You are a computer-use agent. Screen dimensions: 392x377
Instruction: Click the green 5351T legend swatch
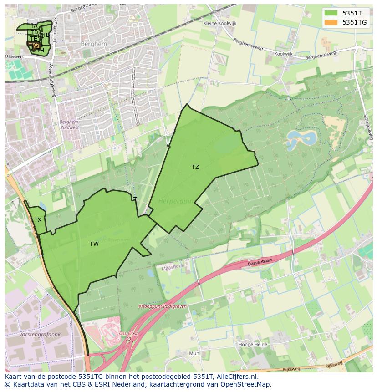coord(331,13)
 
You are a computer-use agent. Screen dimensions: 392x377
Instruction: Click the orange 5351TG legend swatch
coord(331,22)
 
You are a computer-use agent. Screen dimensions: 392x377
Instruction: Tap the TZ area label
coord(195,167)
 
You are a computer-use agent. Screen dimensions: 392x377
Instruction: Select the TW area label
coord(94,244)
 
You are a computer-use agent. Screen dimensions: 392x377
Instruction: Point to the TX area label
coord(38,220)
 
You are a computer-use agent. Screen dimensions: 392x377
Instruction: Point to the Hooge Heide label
coord(253,345)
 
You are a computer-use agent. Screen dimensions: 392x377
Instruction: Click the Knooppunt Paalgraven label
coord(163,306)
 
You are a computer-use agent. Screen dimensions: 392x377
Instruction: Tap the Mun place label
coord(194,353)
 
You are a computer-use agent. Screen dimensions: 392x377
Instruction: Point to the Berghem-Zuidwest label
coord(69,125)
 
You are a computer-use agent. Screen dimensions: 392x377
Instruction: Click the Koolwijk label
coord(284,54)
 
